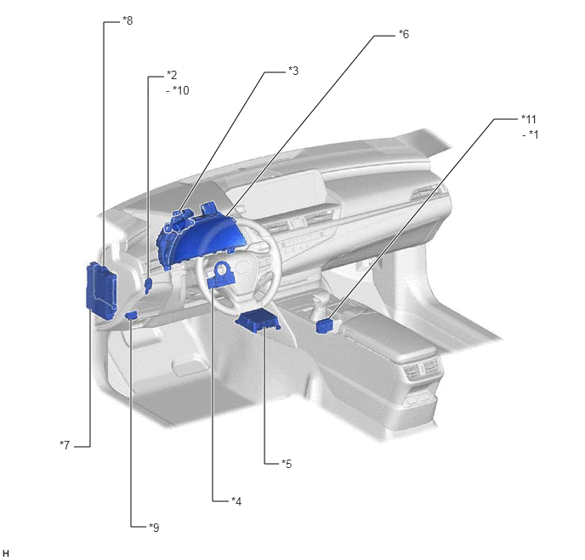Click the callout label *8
[128, 20]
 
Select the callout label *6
[404, 34]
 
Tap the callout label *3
[293, 71]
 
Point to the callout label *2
[172, 75]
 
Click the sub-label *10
[181, 90]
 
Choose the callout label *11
[529, 119]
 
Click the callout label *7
[65, 445]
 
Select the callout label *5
[287, 464]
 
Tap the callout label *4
[236, 501]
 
